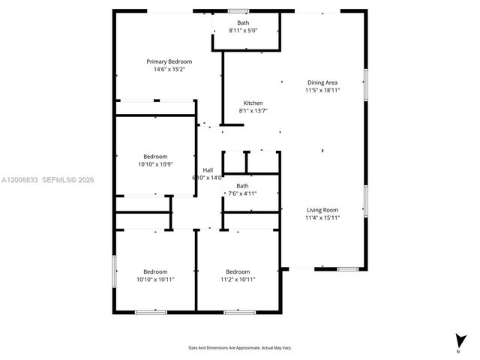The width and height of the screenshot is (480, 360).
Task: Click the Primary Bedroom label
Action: (x=169, y=61)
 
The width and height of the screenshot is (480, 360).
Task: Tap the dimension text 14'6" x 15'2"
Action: (x=169, y=69)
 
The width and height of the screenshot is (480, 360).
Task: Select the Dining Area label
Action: (x=322, y=82)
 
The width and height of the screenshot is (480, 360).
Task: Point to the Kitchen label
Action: (x=253, y=103)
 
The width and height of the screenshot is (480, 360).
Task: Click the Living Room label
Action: (x=322, y=210)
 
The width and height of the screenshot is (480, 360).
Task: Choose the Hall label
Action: (x=208, y=170)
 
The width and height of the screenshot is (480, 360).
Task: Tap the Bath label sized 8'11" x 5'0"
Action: (x=244, y=23)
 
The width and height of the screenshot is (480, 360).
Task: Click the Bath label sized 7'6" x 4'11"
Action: (x=242, y=186)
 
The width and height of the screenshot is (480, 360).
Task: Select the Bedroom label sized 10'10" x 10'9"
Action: (x=155, y=157)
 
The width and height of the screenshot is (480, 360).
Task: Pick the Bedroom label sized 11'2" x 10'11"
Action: (x=238, y=271)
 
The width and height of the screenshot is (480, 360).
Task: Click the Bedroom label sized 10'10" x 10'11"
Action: (x=155, y=271)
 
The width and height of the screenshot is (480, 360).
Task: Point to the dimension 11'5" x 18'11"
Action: (x=322, y=90)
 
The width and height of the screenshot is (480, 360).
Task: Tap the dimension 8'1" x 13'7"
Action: (x=253, y=110)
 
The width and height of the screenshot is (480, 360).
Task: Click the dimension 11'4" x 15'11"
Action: (x=322, y=218)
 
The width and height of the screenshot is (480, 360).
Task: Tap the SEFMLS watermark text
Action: (x=57, y=180)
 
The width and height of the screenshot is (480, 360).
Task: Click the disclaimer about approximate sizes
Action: (x=240, y=347)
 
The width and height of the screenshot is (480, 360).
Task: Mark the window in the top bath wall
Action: (x=239, y=11)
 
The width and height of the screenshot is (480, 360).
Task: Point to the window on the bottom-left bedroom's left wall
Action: (x=114, y=271)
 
